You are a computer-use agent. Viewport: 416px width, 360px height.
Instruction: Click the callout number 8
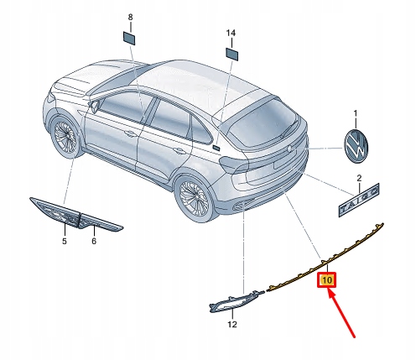coord(130,18)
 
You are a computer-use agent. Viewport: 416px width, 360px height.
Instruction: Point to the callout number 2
coord(360,179)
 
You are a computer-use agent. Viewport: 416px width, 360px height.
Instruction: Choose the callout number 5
coord(62,241)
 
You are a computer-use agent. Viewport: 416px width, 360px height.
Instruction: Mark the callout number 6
coord(94,241)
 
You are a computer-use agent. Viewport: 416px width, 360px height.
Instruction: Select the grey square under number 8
coord(130,39)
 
